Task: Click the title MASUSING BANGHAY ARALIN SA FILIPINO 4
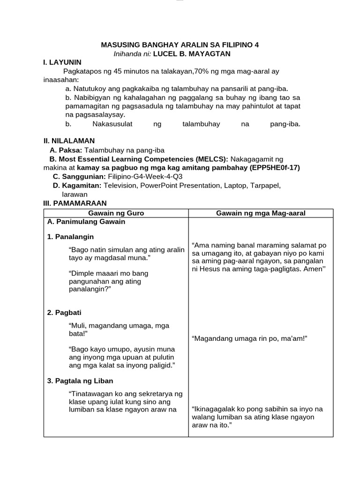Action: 180,45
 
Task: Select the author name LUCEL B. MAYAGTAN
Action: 185,53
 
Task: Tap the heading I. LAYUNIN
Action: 62,62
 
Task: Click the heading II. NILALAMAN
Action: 69,141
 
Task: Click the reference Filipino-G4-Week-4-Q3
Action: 145,177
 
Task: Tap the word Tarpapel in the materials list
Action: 264,186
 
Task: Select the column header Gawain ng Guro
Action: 116,213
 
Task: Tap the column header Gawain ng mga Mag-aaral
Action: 261,213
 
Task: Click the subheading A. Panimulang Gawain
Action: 86,222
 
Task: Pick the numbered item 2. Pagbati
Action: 65,313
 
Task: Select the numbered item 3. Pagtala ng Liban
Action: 80,381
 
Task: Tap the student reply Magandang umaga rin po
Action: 234,338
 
